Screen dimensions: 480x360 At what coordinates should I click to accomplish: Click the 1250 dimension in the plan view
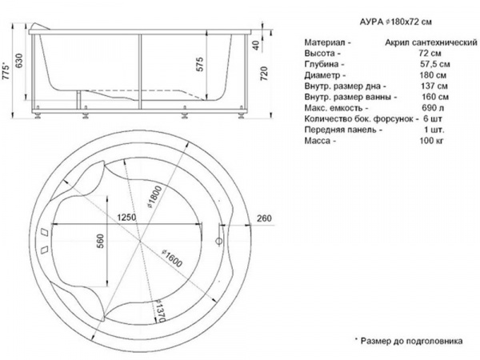[126, 218]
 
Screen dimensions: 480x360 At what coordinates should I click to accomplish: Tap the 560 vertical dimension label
[100, 241]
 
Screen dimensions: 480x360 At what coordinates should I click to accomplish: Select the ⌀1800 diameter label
[154, 197]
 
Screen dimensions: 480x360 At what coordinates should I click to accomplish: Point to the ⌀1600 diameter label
[172, 258]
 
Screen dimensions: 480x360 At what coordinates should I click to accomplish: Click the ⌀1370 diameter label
[161, 311]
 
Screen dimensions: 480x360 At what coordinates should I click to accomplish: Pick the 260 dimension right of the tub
[264, 218]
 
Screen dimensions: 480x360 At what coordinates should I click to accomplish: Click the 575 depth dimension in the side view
[199, 64]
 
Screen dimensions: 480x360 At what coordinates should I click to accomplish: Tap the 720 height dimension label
[264, 74]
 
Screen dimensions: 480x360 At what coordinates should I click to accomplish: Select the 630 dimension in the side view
[19, 61]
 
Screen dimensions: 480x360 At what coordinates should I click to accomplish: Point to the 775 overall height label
[6, 72]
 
